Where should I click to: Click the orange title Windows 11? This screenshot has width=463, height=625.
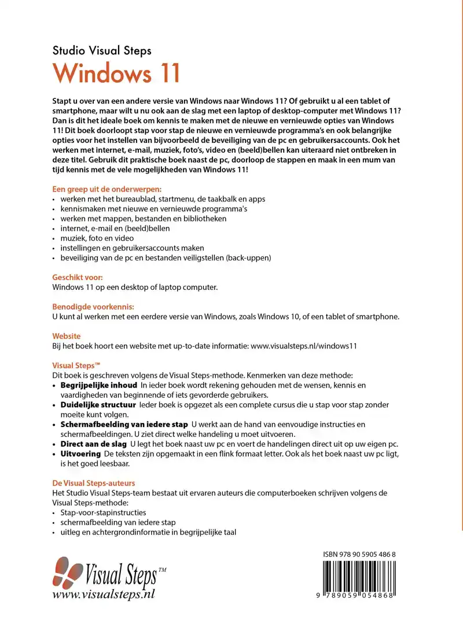(x=116, y=74)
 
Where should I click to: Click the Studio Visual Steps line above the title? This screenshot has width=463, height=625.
(x=102, y=50)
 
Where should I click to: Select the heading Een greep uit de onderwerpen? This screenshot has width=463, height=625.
(x=107, y=189)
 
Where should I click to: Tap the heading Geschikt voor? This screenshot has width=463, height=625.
(x=78, y=277)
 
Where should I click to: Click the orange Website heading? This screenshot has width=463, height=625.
(x=67, y=336)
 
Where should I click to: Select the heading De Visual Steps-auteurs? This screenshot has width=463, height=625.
(x=94, y=483)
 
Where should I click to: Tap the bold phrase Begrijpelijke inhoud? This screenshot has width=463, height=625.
(x=98, y=385)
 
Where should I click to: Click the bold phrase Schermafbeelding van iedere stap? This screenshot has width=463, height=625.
(x=124, y=425)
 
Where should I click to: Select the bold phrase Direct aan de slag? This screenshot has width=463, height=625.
(x=93, y=444)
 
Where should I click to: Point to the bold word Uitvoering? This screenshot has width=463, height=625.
(x=80, y=454)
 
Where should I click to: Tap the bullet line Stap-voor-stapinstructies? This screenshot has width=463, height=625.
(x=103, y=512)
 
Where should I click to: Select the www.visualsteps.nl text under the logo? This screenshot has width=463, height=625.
(x=104, y=594)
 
